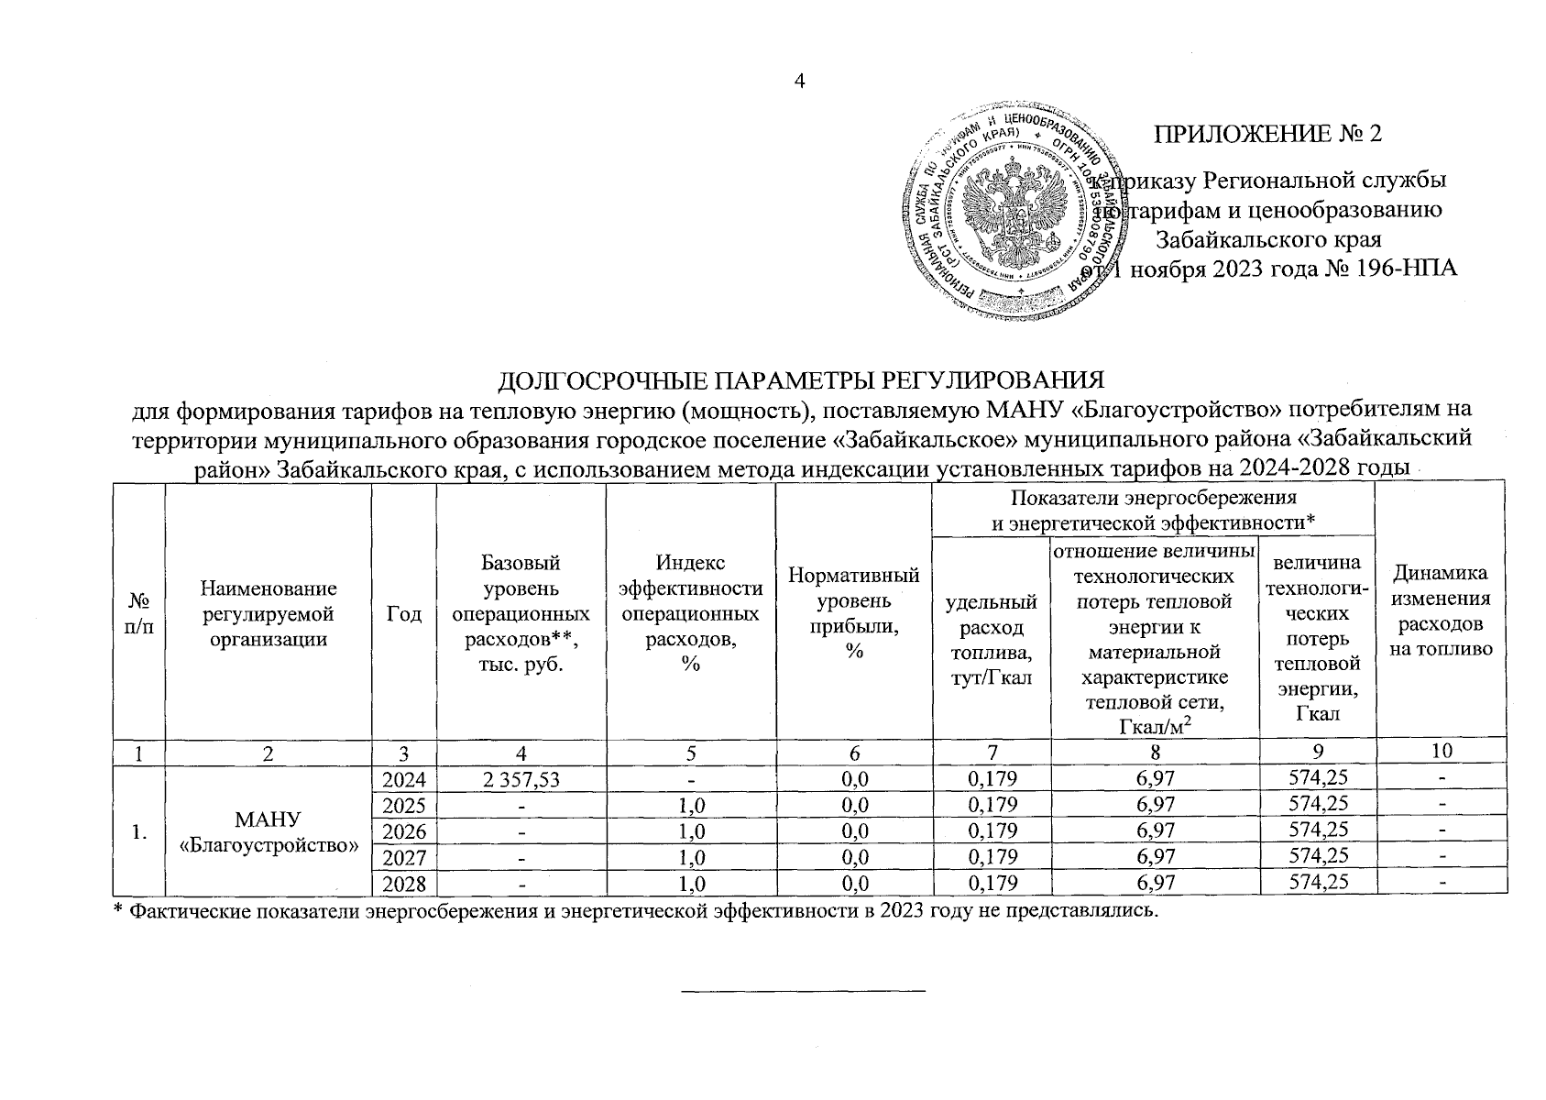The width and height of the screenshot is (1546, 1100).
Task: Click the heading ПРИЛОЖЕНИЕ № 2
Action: [x=1267, y=134]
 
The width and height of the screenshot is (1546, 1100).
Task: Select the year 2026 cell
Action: [x=404, y=831]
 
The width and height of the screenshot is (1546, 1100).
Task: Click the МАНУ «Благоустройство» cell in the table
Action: [x=269, y=831]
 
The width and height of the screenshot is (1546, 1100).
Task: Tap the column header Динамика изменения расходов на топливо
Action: [x=1442, y=610]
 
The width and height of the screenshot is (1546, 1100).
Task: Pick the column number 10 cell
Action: [x=1442, y=751]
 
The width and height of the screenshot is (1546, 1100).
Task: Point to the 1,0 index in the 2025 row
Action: [x=691, y=805]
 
